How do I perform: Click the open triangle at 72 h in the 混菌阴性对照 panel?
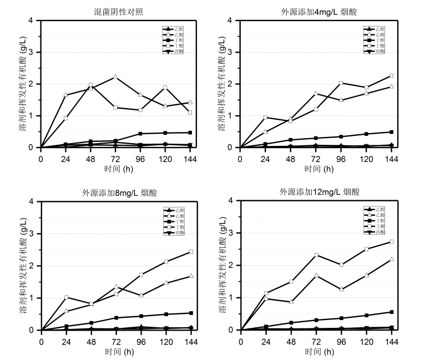115,77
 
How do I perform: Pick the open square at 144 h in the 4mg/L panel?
391,76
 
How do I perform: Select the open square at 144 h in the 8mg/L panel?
191,252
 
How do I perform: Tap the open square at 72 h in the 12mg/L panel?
316,255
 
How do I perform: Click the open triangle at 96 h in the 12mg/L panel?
341,290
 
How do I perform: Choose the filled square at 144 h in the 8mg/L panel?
191,313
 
